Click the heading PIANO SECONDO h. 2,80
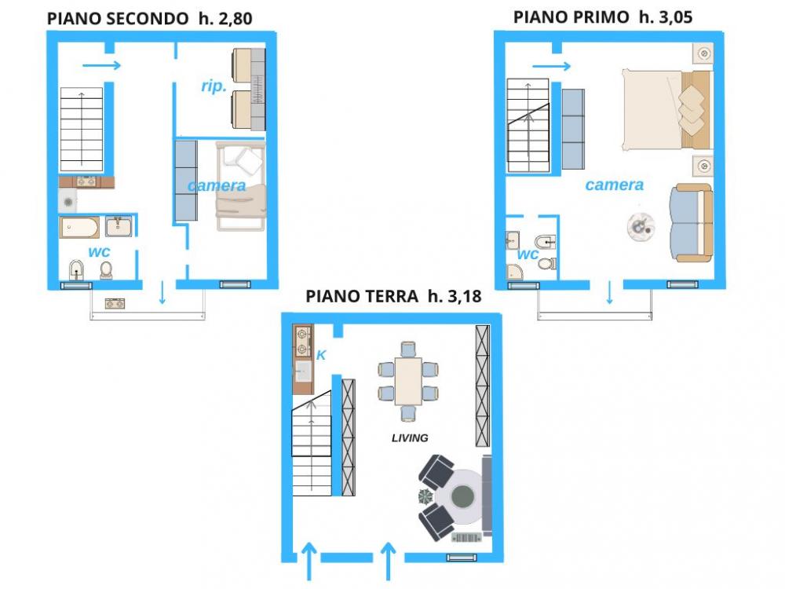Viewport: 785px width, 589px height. tap(149, 19)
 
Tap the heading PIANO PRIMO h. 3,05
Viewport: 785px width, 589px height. tap(603, 17)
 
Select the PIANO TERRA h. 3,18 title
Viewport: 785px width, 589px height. tap(393, 296)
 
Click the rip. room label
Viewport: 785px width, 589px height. tap(214, 86)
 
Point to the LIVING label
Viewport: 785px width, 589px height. tap(410, 437)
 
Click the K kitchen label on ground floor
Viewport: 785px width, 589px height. tap(321, 355)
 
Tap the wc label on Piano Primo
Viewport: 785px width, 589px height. tap(528, 254)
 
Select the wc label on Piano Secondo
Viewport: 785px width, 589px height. tap(99, 252)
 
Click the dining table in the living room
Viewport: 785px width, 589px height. tap(408, 381)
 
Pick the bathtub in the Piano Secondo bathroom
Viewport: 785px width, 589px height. tap(79, 228)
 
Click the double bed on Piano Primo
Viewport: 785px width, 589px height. tap(666, 110)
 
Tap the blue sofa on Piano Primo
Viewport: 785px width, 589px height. tap(692, 223)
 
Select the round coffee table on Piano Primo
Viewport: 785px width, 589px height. tap(641, 226)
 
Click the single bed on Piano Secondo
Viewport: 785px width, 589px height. tap(240, 186)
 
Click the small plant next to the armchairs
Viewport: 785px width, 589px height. tap(425, 496)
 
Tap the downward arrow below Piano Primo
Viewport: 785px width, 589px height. tap(609, 292)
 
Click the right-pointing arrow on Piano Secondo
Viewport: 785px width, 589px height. tap(101, 66)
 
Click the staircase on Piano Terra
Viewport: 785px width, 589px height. tap(312, 443)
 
